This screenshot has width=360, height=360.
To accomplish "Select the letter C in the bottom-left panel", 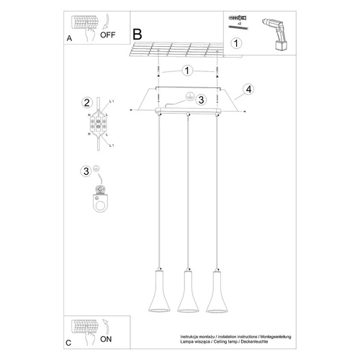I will tap(68, 343).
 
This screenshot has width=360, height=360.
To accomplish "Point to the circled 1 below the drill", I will tap(237, 44).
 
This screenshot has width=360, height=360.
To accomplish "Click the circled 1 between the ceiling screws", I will tap(187, 71).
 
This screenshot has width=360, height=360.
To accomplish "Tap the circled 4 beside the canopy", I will tap(248, 89).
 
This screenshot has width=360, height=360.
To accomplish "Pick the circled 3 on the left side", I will tap(86, 171).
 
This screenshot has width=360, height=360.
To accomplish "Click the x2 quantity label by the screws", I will tap(238, 23).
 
